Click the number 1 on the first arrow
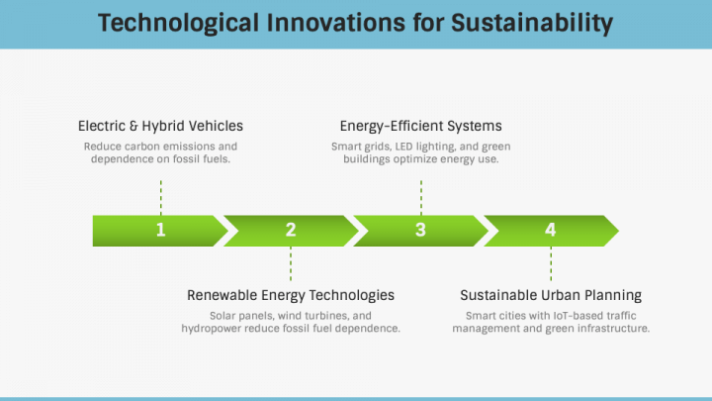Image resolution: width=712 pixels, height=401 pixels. tap(161, 230)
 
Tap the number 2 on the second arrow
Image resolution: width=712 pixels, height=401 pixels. tap(291, 230)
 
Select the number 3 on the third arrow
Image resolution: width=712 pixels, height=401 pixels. tap(420, 230)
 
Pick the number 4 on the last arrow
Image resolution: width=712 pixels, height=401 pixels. tap(551, 230)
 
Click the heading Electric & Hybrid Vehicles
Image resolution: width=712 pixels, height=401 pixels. tap(160, 126)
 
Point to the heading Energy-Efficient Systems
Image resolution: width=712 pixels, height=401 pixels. tap(421, 126)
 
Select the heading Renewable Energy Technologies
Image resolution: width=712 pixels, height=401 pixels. tap(291, 295)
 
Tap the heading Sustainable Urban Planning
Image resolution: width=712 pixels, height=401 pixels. tap(551, 295)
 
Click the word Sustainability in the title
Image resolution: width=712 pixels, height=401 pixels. tap(532, 23)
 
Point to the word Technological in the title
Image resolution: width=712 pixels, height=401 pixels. tap(178, 23)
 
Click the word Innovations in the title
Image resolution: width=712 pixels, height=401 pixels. tap(335, 23)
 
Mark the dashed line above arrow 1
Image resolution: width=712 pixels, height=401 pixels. tap(161, 197)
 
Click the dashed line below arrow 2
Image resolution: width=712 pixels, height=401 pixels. tap(291, 263)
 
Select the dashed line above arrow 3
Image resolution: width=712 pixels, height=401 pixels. tap(421, 197)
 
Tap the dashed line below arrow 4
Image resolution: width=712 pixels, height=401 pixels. tap(551, 263)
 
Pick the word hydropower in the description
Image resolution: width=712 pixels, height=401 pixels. tap(212, 329)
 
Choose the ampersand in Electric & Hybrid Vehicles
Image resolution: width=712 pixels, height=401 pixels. tap(133, 126)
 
